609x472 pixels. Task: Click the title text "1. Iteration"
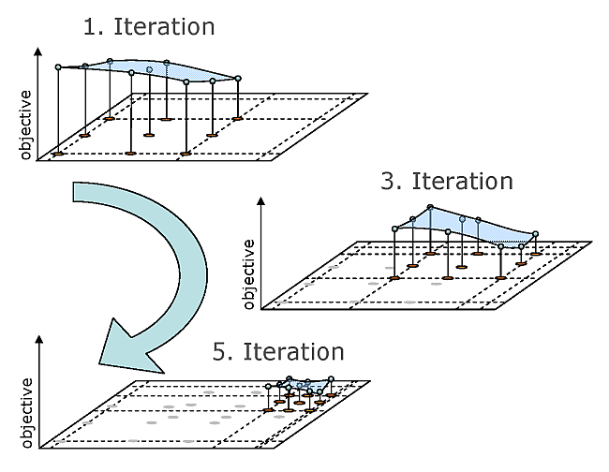coord(149,26)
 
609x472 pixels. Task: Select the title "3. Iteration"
coord(447,180)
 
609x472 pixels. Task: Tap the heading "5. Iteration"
coord(278,352)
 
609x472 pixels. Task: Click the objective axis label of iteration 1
coord(26,125)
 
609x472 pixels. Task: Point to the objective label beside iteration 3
coord(249,274)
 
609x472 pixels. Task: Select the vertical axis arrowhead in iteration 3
coord(260,201)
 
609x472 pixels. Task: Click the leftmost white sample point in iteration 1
coord(58,67)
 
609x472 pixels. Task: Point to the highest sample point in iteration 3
coord(430,207)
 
